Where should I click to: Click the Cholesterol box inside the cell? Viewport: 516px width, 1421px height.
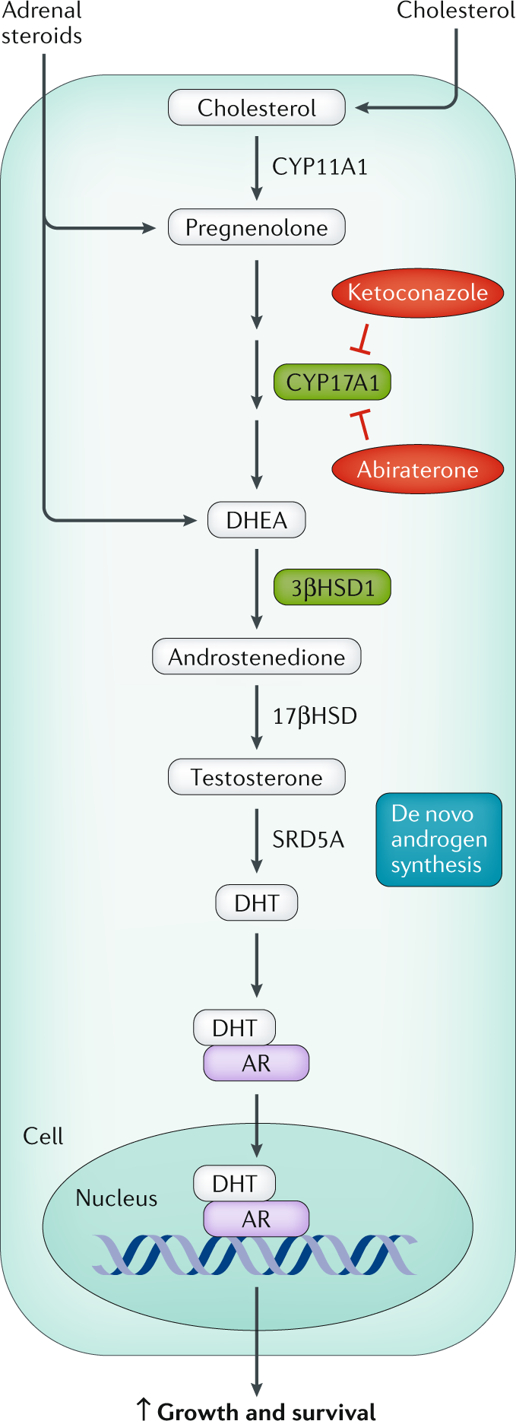pos(257,108)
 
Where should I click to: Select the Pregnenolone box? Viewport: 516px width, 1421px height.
pos(257,227)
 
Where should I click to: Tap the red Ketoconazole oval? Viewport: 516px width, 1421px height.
pos(417,293)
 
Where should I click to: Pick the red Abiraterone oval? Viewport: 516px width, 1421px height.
pos(417,469)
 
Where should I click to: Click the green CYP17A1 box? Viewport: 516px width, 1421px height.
pos(332,382)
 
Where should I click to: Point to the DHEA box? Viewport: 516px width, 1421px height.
pos(257,520)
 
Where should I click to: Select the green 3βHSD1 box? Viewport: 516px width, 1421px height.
pos(332,588)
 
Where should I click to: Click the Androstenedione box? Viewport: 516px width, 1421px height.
pos(257,657)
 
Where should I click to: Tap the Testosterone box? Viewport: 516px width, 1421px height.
pos(257,777)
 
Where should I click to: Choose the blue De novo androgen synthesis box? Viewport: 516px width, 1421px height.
pos(438,839)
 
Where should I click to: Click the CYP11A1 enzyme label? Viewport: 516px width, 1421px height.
pos(320,167)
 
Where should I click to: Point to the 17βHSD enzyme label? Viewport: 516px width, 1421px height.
pos(315,716)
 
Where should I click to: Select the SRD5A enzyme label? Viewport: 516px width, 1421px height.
pos(308,839)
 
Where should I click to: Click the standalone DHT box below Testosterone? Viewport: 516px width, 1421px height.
pos(257,903)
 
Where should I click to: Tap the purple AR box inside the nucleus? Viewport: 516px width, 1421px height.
pos(256,1219)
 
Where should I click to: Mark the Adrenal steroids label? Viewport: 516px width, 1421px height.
pos(42,24)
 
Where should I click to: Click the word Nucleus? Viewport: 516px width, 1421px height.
pos(116,1198)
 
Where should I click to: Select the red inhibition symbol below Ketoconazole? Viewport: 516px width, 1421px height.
pos(362,340)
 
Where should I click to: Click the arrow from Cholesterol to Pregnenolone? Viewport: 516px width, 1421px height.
pos(257,167)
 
